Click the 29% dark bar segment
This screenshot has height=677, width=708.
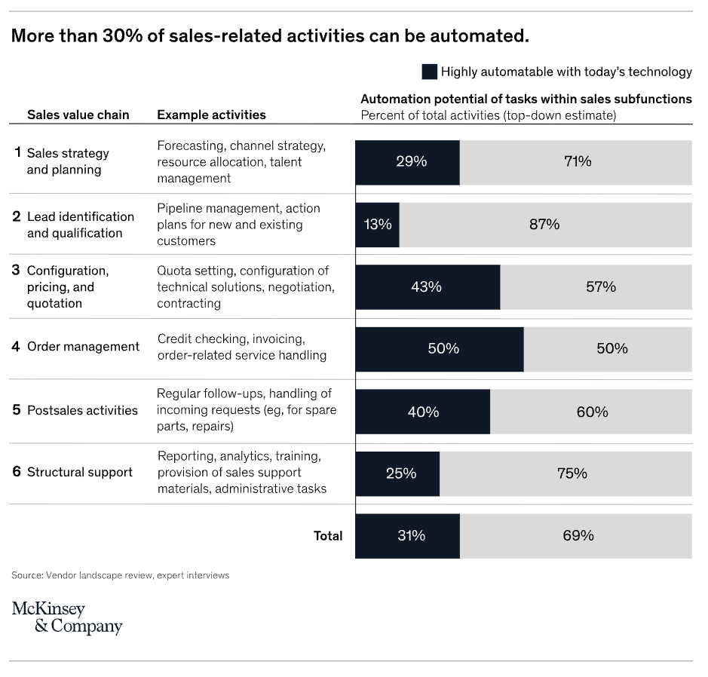[x=407, y=163]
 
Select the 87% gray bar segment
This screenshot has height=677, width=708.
[x=545, y=225]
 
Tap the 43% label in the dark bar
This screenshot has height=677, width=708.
[x=426, y=286]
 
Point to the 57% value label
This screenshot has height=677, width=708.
[x=600, y=286]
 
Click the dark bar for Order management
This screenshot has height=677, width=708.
[x=440, y=349]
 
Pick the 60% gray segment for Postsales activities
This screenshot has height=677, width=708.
[x=590, y=412]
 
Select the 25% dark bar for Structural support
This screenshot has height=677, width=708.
[x=397, y=474]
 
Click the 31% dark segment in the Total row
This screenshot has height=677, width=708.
[x=407, y=536]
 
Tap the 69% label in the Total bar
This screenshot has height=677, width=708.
[x=578, y=536]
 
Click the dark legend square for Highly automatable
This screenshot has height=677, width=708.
[x=430, y=72]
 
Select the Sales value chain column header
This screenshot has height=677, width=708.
[x=78, y=115]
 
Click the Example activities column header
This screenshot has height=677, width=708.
[x=211, y=115]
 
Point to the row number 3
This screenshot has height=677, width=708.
[x=16, y=270]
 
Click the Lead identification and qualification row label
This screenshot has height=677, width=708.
[x=81, y=225]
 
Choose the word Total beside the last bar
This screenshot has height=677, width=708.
[x=328, y=536]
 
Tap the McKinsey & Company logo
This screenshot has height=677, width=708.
[x=67, y=617]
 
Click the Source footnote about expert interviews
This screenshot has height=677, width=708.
[x=120, y=575]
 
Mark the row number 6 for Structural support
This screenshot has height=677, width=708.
[x=17, y=472]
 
